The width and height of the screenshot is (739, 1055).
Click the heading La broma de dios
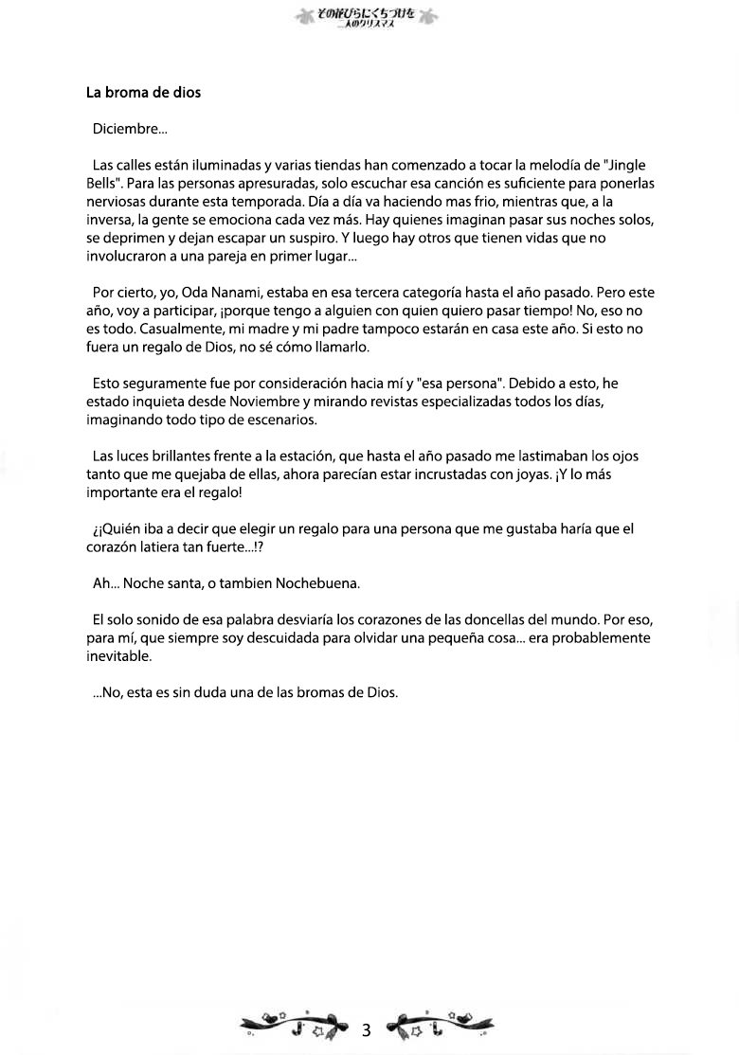coord(143,93)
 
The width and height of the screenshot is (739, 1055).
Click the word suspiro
coord(303,238)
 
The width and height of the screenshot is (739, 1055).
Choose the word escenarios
coord(283,420)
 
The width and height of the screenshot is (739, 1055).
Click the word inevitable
coord(117,656)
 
